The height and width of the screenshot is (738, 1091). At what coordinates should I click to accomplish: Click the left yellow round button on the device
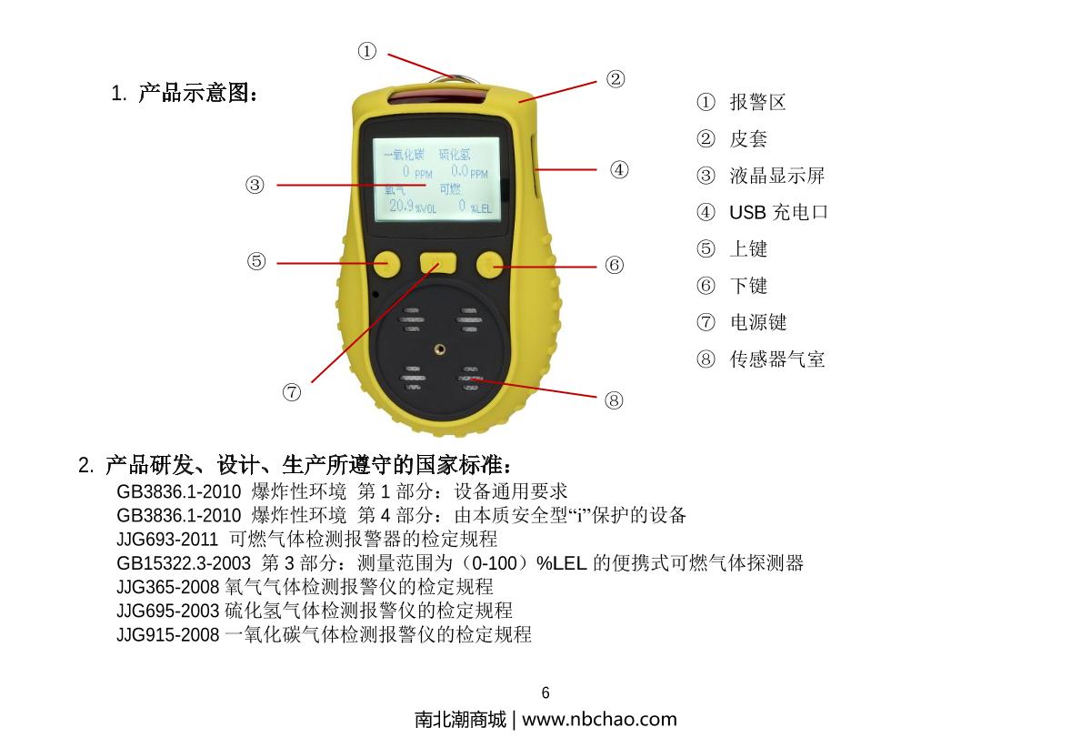click(387, 264)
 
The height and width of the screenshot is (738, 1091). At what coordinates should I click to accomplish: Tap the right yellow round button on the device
click(490, 264)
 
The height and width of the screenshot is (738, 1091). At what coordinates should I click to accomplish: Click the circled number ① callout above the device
click(366, 52)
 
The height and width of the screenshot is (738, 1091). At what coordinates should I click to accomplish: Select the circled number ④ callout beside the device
click(619, 169)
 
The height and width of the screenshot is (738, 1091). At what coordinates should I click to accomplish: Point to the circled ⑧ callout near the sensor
click(615, 399)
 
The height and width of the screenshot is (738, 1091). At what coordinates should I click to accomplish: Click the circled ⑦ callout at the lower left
click(292, 392)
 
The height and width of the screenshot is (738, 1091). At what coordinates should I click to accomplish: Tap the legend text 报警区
click(757, 103)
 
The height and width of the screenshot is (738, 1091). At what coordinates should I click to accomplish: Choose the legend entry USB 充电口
click(778, 213)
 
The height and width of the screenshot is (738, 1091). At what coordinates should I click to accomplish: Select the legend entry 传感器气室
click(777, 359)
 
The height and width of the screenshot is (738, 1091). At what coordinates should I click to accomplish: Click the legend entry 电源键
click(757, 323)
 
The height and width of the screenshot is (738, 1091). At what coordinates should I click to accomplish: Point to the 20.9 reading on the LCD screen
click(401, 206)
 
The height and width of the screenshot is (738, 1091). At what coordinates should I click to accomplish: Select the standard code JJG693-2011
click(167, 539)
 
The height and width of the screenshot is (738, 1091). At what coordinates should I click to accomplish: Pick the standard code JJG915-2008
click(167, 634)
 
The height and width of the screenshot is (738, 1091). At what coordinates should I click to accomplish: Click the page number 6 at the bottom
click(545, 693)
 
